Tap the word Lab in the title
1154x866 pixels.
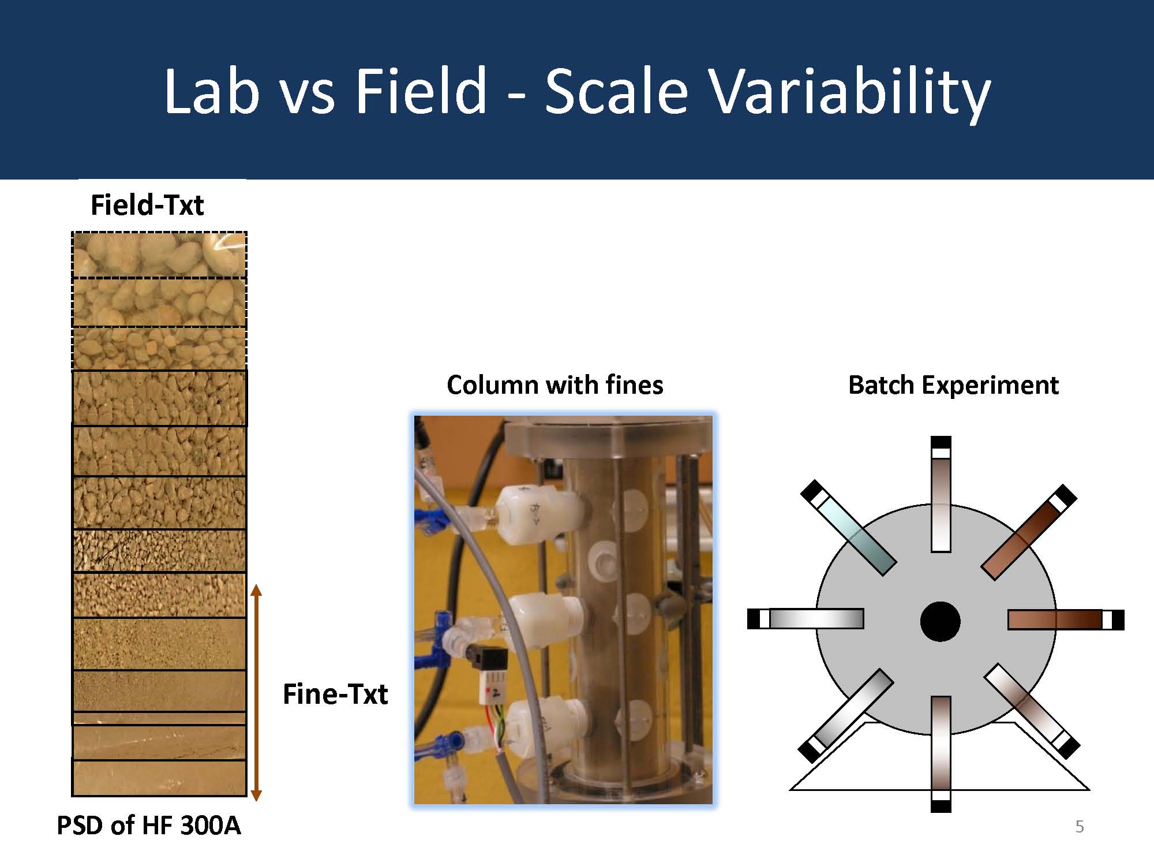[x=212, y=90]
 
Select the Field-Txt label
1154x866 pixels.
[x=147, y=205]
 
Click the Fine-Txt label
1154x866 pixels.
[x=335, y=693]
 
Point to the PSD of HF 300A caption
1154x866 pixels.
[x=148, y=825]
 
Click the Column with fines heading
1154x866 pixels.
[x=555, y=385]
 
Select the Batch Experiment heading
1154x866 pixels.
[x=953, y=385]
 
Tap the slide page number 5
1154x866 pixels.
[x=1080, y=827]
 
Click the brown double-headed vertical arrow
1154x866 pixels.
[x=257, y=693]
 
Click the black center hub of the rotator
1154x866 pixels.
[x=940, y=621]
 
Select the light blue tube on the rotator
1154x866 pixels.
[x=848, y=528]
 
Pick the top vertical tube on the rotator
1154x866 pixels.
[x=941, y=494]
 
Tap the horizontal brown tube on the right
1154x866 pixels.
[x=1066, y=619]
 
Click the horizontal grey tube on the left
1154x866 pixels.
[x=805, y=618]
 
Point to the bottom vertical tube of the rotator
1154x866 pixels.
[x=941, y=754]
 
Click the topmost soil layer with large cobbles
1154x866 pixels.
[x=159, y=255]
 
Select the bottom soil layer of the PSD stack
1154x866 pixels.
[x=159, y=778]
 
